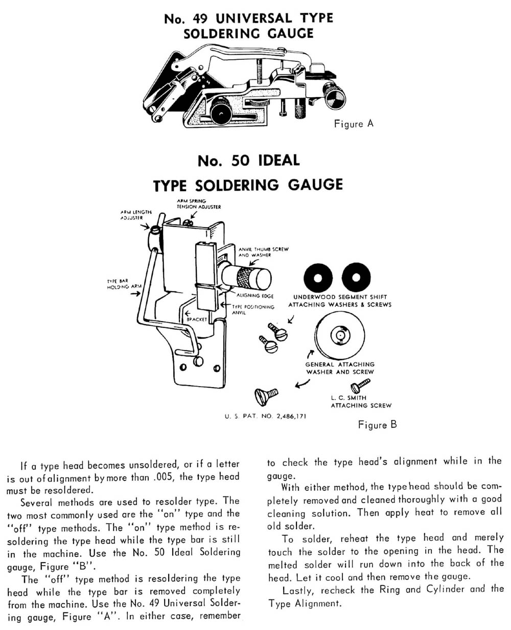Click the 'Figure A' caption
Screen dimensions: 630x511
click(x=353, y=124)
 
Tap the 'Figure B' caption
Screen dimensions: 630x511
click(x=377, y=424)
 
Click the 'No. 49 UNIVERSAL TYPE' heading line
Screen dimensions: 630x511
click(x=248, y=19)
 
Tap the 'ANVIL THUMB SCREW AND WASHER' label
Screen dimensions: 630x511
click(x=264, y=251)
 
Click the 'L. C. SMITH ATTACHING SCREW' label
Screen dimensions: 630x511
click(x=361, y=401)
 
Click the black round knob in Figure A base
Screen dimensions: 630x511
click(x=218, y=109)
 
